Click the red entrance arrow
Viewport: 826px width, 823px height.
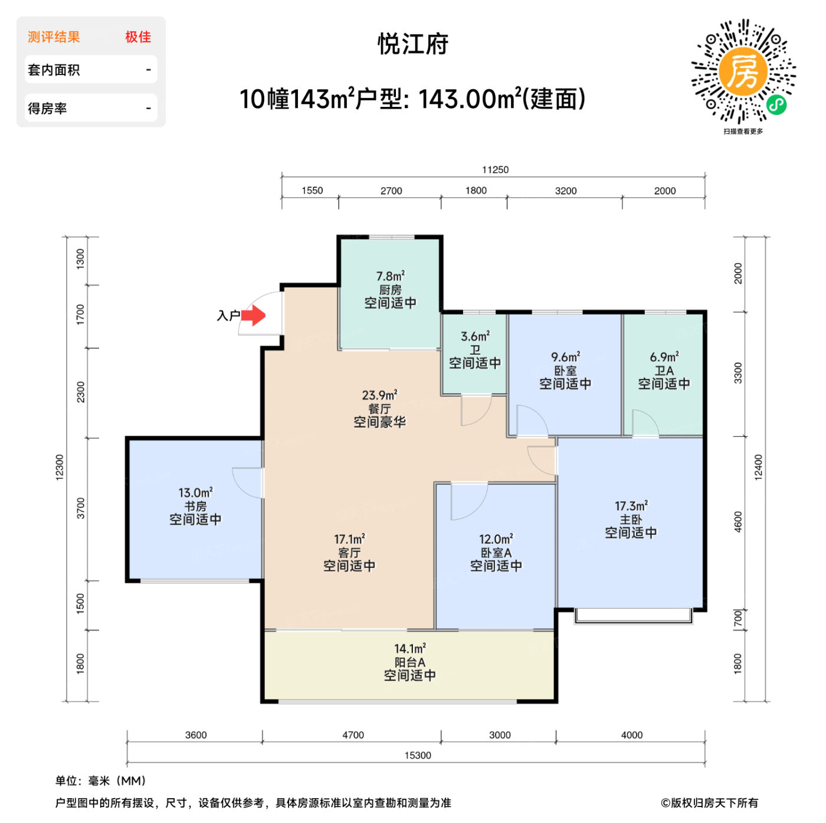point(254,316)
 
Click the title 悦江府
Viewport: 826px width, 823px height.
point(413,44)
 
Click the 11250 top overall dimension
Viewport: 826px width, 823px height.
point(495,170)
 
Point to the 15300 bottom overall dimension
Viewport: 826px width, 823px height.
point(418,756)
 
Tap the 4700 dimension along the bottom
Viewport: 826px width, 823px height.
point(353,735)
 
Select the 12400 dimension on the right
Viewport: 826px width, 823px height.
point(758,467)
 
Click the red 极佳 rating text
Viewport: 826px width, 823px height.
point(138,37)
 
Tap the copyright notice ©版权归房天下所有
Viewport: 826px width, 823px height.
point(709,803)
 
